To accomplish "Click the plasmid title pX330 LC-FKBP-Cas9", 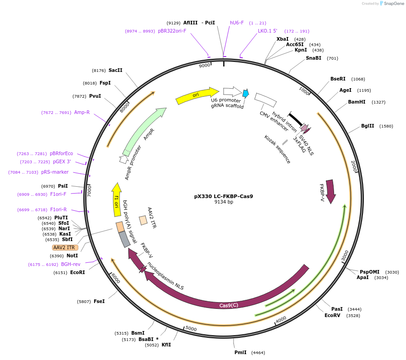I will (x=224, y=196).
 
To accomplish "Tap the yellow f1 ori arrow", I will (x=117, y=199).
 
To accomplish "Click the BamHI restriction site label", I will (x=357, y=102).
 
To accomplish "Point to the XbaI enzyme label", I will (x=282, y=39).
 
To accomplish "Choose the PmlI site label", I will (x=240, y=352).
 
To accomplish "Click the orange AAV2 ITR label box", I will (x=65, y=247).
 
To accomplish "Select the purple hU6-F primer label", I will (x=237, y=23).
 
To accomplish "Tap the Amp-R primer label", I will (x=82, y=112).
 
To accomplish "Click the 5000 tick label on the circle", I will (x=191, y=328).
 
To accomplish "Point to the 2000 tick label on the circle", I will (x=354, y=166).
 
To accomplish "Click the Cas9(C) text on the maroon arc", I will (x=229, y=305).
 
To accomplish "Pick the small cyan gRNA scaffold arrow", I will (x=245, y=94).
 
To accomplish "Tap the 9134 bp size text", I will (x=224, y=202).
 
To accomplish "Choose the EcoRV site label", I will (x=332, y=315).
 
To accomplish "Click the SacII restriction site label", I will (x=115, y=70).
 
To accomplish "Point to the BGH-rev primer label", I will (x=71, y=264).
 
